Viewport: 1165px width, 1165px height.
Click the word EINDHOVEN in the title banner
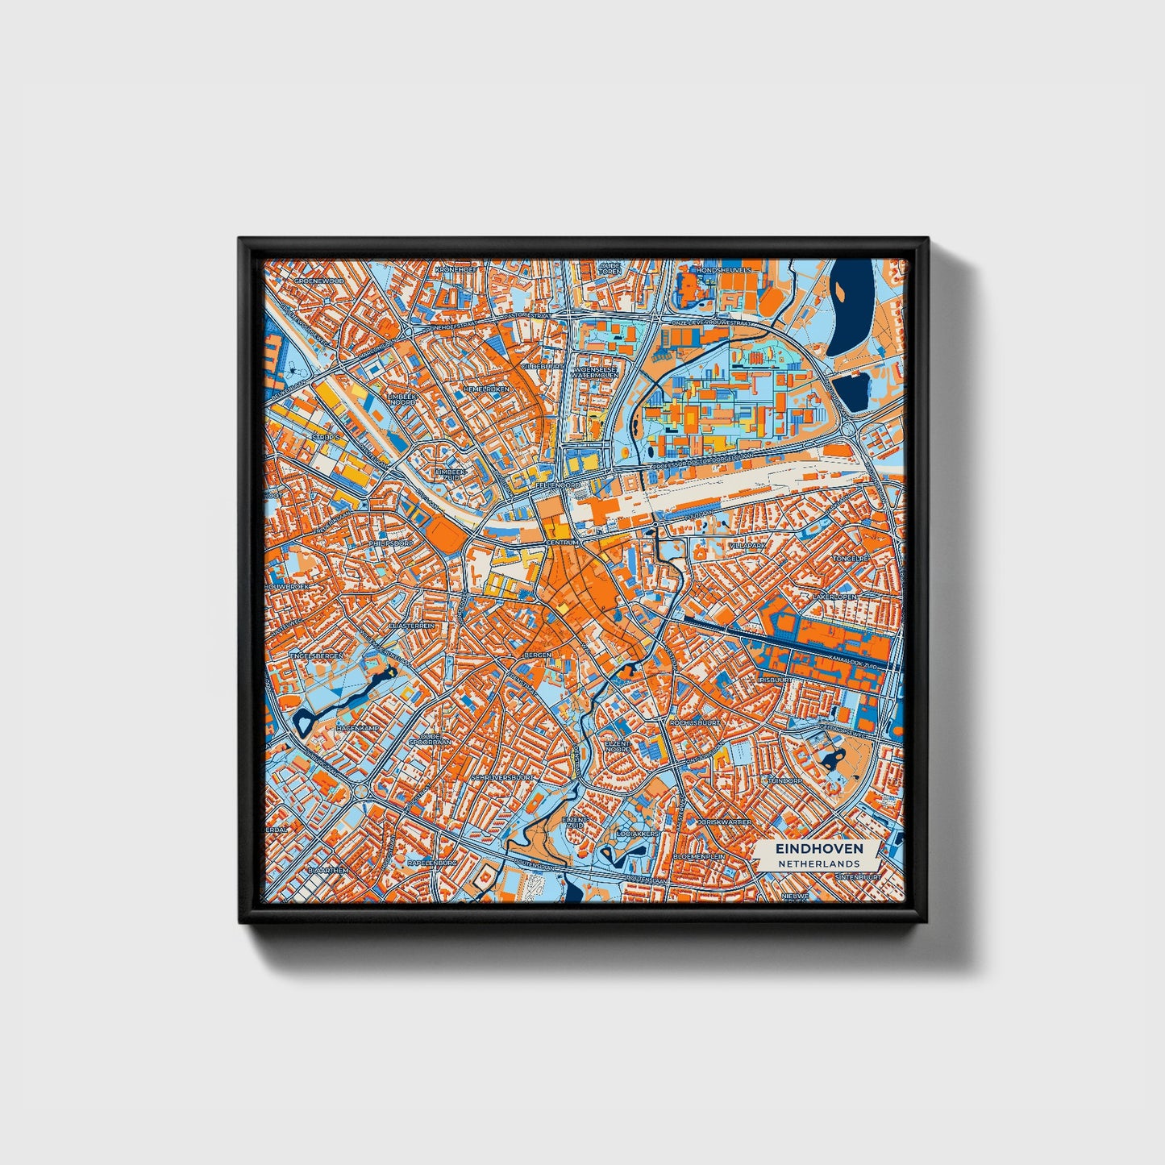tap(819, 848)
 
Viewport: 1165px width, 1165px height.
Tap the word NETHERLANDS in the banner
tap(819, 863)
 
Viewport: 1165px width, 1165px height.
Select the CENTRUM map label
tap(563, 545)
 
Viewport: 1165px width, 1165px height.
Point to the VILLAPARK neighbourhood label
tap(747, 546)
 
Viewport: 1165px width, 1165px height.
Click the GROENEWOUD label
tap(318, 281)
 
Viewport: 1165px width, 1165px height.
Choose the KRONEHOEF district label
tap(456, 269)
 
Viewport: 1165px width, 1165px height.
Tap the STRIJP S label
tap(326, 437)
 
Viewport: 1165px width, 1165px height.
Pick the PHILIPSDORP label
tap(390, 543)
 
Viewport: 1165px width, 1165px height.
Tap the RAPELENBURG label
tap(433, 862)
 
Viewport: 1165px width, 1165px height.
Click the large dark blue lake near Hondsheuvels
tap(852, 306)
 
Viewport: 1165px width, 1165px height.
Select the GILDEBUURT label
tap(543, 365)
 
